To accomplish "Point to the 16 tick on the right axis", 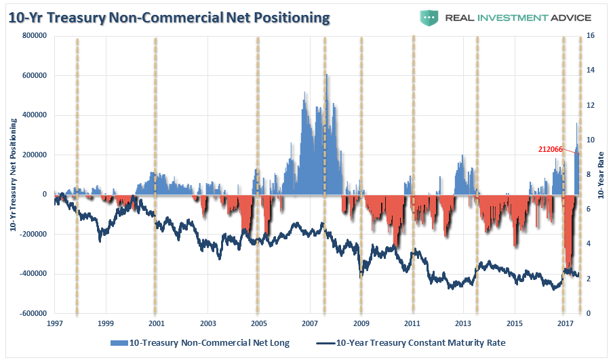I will pos(590,36).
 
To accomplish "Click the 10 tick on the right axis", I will pos(590,140).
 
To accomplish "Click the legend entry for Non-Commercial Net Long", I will pos(203,342).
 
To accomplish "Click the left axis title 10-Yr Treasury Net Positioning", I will pos(14,174).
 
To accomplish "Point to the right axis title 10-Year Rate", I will pos(601,175).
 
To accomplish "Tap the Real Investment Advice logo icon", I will pos(429,17).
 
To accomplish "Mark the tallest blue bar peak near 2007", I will pos(327,75).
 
